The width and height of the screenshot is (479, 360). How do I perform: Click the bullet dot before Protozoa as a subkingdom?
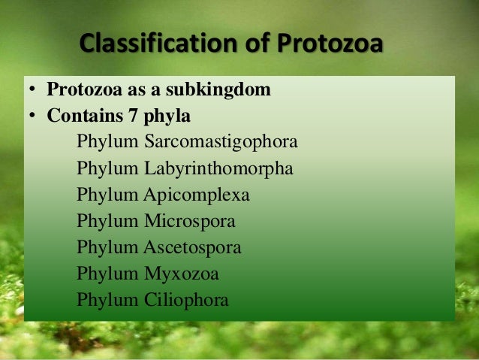[x=33, y=92]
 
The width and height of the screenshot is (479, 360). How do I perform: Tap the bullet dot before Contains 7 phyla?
[x=33, y=118]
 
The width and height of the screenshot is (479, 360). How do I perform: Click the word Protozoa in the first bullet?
[x=83, y=91]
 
